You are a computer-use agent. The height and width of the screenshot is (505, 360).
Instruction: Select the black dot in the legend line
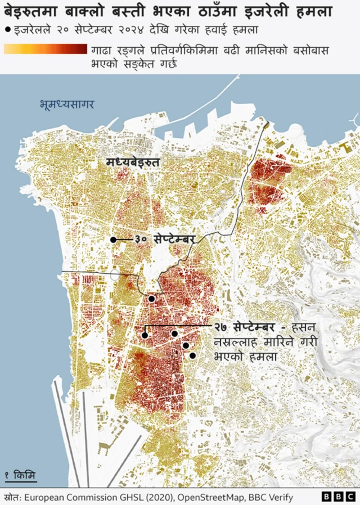pos(7,29)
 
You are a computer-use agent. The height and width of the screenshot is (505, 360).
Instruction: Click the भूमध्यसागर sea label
pos(67,104)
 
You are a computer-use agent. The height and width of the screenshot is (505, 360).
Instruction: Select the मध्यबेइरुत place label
pos(133,162)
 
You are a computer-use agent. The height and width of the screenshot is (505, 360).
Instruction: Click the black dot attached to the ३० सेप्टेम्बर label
pos(113,240)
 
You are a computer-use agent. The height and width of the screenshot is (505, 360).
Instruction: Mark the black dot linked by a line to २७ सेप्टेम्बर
pos(145,335)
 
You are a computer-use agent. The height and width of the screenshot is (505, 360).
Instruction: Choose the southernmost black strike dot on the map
pos(192,355)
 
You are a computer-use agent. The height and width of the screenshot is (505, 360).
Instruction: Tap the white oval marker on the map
pos(115,275)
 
